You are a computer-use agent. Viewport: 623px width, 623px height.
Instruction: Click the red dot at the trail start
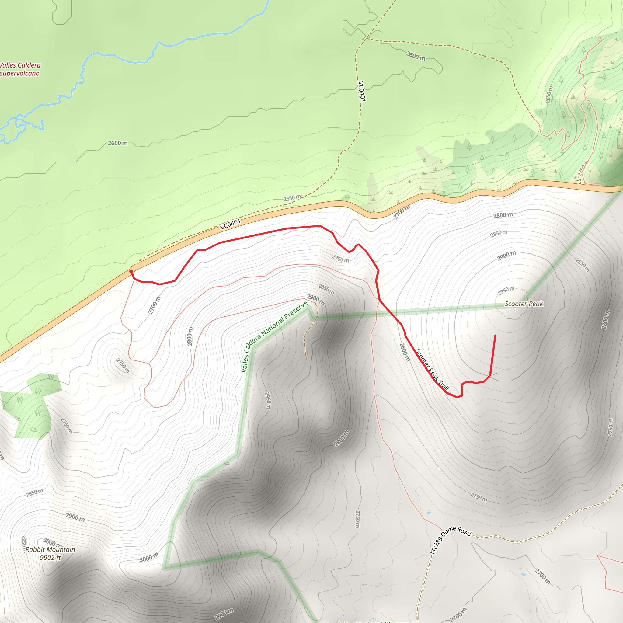(x=131, y=271)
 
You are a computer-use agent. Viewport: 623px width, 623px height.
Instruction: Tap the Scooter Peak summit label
(x=524, y=304)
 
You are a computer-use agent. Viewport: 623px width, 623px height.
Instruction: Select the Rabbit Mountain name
(x=50, y=549)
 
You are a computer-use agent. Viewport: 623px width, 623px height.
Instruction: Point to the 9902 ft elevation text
(x=50, y=558)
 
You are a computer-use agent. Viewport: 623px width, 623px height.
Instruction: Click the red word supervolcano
(x=20, y=74)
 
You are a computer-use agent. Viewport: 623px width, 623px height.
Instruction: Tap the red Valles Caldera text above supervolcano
(x=20, y=65)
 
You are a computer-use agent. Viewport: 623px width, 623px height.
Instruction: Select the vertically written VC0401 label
(x=361, y=91)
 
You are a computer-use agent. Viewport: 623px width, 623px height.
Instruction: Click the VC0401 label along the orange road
(x=230, y=224)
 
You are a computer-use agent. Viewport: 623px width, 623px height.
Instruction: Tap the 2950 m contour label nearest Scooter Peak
(x=506, y=291)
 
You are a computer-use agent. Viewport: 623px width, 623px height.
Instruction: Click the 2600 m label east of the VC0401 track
(x=416, y=56)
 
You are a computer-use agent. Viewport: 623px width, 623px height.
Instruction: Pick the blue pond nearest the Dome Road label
(x=429, y=512)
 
